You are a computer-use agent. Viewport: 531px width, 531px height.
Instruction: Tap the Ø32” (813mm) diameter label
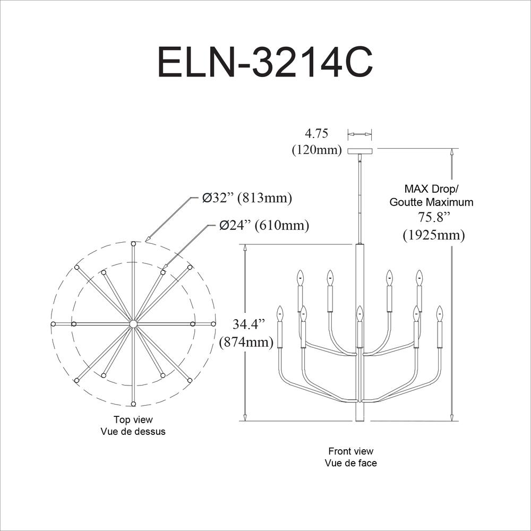click(x=247, y=199)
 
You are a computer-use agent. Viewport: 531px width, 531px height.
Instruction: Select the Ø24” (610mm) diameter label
click(x=264, y=225)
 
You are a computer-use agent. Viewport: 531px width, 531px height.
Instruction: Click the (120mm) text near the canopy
click(x=316, y=150)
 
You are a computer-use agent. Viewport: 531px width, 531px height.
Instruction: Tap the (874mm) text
click(x=246, y=342)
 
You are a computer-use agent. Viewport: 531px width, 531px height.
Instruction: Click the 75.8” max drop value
click(x=434, y=217)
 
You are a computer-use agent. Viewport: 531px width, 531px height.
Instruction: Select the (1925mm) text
click(x=434, y=234)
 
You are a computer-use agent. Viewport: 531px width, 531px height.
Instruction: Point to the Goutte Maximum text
click(x=431, y=202)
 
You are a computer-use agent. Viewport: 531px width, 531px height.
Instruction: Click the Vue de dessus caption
click(x=133, y=432)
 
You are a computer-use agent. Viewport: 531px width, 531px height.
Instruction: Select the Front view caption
click(x=350, y=451)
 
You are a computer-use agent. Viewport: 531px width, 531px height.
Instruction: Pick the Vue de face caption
click(x=350, y=463)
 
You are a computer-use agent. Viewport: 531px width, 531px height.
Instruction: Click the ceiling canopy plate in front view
click(x=360, y=151)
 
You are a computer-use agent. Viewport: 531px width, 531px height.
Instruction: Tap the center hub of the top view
click(x=133, y=323)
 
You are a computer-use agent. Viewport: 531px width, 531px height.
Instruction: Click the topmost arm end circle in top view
click(x=133, y=243)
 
